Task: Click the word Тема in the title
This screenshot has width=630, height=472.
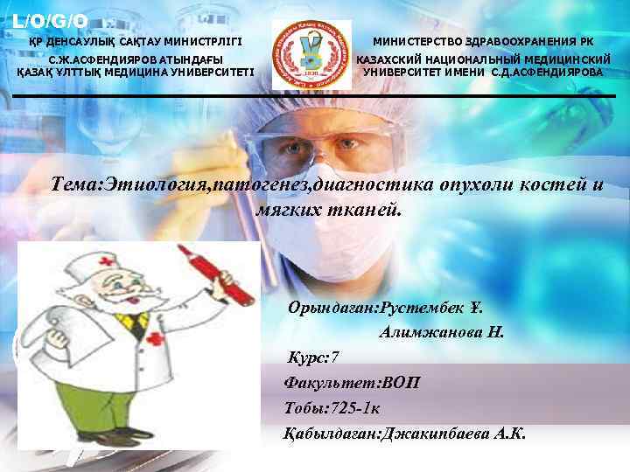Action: (76, 184)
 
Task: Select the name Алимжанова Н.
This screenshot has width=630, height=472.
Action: (443, 332)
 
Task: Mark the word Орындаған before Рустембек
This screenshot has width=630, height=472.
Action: (329, 308)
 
